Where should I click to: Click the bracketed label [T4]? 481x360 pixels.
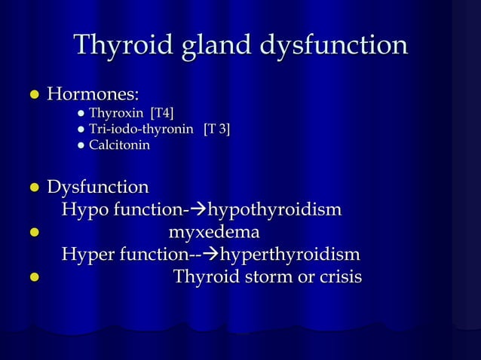pyautogui.click(x=162, y=114)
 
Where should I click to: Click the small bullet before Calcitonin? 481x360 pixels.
pyautogui.click(x=81, y=145)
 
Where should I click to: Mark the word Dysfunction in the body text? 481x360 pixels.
pyautogui.click(x=97, y=186)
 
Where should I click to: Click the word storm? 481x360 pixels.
pyautogui.click(x=262, y=276)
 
